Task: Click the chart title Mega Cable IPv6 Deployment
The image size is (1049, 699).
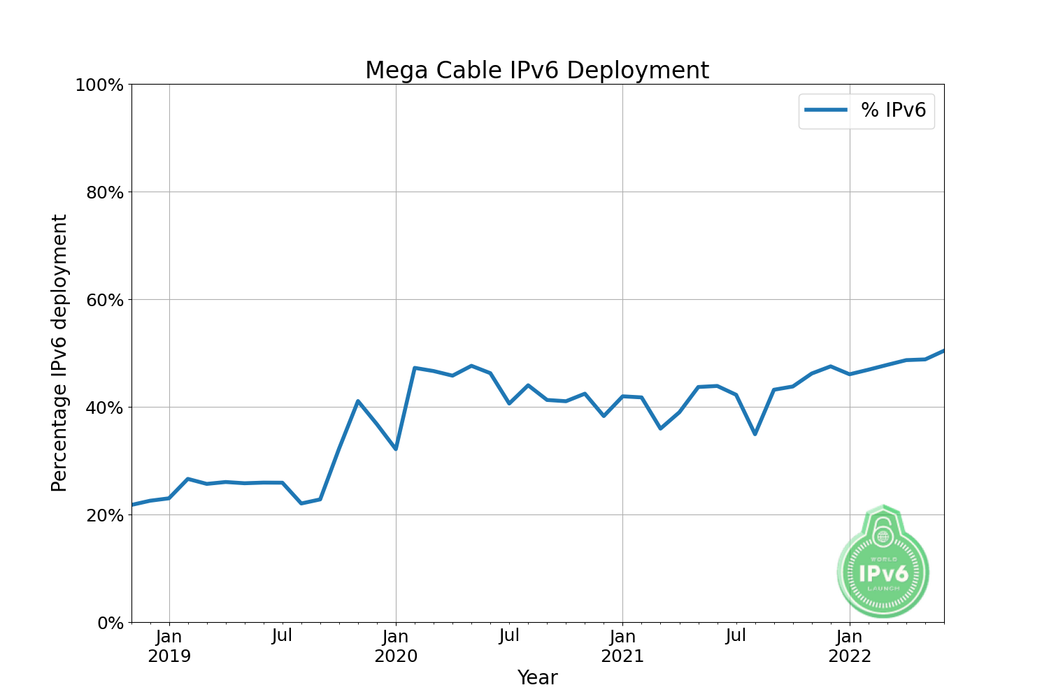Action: tap(537, 71)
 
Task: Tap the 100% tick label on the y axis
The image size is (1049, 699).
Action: tap(99, 85)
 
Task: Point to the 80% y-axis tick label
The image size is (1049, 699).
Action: tap(104, 192)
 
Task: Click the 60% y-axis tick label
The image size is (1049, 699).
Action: tap(104, 300)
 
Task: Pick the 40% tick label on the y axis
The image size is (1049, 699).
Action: tap(104, 408)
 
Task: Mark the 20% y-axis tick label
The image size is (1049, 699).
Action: tap(104, 515)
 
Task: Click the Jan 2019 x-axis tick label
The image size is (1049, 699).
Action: tap(169, 647)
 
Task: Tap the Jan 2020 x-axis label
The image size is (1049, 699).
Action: tap(396, 647)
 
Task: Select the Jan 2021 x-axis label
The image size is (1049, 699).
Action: tap(622, 647)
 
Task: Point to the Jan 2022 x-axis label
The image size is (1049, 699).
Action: tap(850, 647)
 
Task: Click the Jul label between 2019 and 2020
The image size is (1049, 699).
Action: tap(282, 636)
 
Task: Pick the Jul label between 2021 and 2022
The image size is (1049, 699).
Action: tap(736, 636)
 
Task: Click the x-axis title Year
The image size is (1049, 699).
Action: tap(537, 678)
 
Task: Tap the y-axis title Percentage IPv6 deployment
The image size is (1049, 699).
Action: tap(59, 353)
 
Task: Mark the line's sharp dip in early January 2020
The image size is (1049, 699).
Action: tap(396, 449)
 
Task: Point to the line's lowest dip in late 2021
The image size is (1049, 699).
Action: tap(755, 434)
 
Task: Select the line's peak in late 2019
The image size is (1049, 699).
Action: tap(358, 401)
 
